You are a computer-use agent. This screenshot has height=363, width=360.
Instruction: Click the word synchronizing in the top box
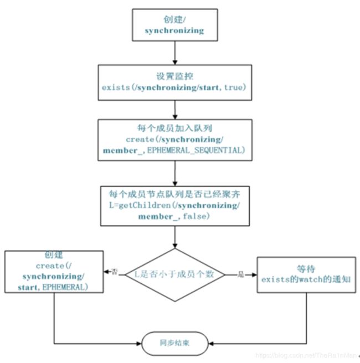point(174,30)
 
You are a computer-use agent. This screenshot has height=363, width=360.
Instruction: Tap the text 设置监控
point(174,76)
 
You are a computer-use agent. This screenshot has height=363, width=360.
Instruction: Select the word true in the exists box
point(233,87)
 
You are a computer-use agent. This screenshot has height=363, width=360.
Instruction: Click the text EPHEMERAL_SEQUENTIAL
point(194,151)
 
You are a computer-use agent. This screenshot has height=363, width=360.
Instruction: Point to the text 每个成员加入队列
point(174,128)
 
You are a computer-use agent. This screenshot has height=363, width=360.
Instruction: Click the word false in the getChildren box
point(194,216)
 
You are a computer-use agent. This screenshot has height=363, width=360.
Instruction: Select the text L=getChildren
point(140,205)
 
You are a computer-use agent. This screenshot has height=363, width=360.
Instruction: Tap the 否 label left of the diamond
point(115,272)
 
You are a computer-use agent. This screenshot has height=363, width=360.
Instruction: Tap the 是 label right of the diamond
point(241,274)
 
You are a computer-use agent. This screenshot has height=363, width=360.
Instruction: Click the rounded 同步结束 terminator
point(175,343)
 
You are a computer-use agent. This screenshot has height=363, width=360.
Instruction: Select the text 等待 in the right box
point(306,269)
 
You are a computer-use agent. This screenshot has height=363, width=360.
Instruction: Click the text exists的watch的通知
point(306,279)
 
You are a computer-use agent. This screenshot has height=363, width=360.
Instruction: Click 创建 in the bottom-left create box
point(54,255)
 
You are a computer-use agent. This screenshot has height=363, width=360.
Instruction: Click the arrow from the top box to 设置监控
point(175,53)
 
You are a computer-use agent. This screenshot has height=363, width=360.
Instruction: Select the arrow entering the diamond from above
point(175,237)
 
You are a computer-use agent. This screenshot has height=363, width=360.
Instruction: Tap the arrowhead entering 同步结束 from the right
point(211,344)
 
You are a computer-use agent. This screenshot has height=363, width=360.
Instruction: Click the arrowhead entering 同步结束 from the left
point(139,344)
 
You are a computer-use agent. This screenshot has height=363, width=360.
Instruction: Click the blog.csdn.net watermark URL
point(306,355)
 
